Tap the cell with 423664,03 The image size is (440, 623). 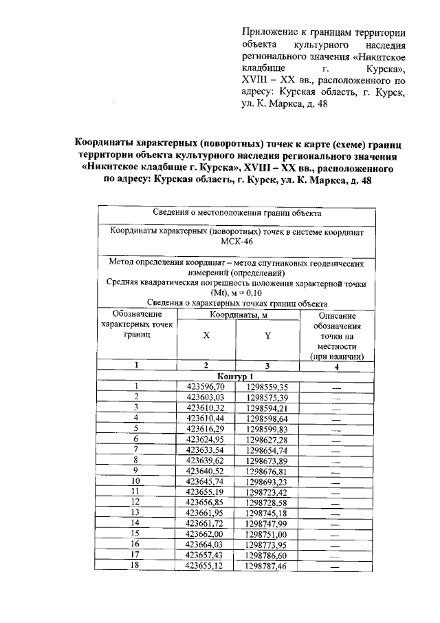click(x=206, y=543)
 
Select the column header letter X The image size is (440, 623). click(x=206, y=336)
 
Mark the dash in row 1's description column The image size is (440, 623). click(x=336, y=387)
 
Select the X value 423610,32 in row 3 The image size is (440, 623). click(x=206, y=408)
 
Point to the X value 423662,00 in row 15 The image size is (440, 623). click(x=206, y=533)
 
